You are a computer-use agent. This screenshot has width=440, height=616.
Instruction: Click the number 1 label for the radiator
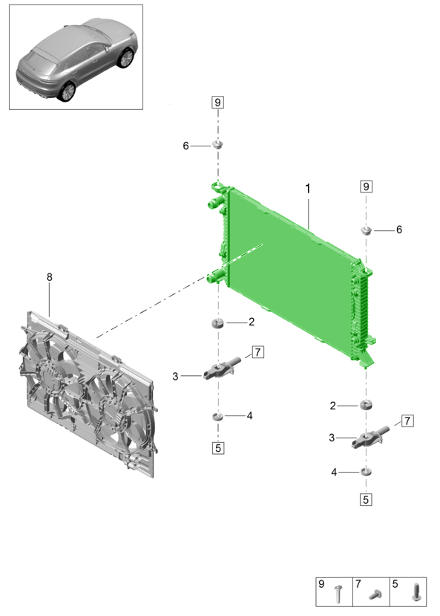point(308,189)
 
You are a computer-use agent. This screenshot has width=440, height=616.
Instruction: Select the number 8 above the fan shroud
point(50,277)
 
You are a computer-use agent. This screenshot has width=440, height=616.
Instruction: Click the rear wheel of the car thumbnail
point(66,91)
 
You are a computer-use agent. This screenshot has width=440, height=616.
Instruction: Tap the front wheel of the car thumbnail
point(126,58)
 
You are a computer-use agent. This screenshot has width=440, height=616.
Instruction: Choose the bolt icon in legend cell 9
point(338,594)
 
